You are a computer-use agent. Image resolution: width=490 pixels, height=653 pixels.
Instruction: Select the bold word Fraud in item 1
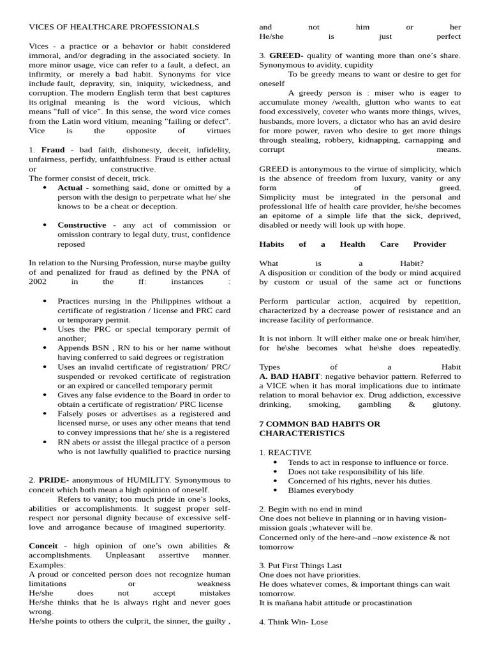point(54,149)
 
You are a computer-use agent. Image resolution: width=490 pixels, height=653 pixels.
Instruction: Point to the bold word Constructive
point(82,225)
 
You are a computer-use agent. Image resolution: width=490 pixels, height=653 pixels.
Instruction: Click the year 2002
point(38,281)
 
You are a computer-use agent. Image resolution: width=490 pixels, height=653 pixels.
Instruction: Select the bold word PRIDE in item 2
point(52,480)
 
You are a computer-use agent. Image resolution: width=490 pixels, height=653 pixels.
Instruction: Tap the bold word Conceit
point(43,546)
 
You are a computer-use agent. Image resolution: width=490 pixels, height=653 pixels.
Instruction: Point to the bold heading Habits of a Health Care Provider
point(352,244)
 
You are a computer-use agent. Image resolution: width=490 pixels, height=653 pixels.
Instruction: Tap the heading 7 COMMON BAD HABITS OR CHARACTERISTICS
point(319,429)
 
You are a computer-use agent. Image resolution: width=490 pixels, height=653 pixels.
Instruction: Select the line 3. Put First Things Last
point(300,565)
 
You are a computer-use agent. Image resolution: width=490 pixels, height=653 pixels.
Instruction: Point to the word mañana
point(288,603)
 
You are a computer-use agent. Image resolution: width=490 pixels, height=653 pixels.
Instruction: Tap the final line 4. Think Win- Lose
point(293,622)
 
